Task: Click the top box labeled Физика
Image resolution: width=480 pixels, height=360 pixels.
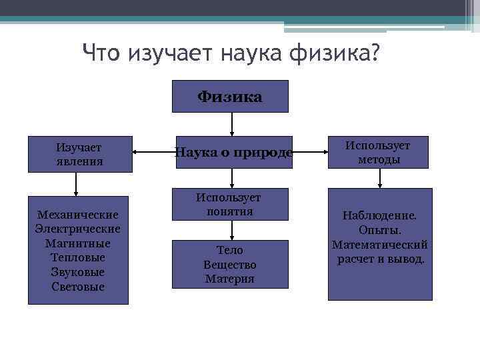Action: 230,97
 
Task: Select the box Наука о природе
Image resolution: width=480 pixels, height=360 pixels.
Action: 232,153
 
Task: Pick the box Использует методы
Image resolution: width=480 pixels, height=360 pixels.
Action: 379,153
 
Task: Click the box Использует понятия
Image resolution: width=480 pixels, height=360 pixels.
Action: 229,204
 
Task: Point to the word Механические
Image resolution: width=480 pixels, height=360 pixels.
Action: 78,215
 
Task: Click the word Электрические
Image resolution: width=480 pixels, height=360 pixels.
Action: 78,229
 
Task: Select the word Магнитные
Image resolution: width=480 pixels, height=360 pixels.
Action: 78,243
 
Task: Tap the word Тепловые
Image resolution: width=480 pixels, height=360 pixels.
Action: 78,257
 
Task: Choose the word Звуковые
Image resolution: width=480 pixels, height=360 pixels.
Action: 78,272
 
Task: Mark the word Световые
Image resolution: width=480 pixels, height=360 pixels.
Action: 78,287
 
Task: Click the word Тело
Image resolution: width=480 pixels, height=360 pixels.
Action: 230,250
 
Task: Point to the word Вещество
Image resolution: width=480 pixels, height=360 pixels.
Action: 230,265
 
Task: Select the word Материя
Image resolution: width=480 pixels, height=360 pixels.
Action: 230,279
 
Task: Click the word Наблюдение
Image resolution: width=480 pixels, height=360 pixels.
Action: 379,215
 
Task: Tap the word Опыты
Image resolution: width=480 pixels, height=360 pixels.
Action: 379,230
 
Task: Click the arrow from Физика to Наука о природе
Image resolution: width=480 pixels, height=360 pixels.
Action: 231,124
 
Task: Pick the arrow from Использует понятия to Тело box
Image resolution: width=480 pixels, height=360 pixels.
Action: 231,230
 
